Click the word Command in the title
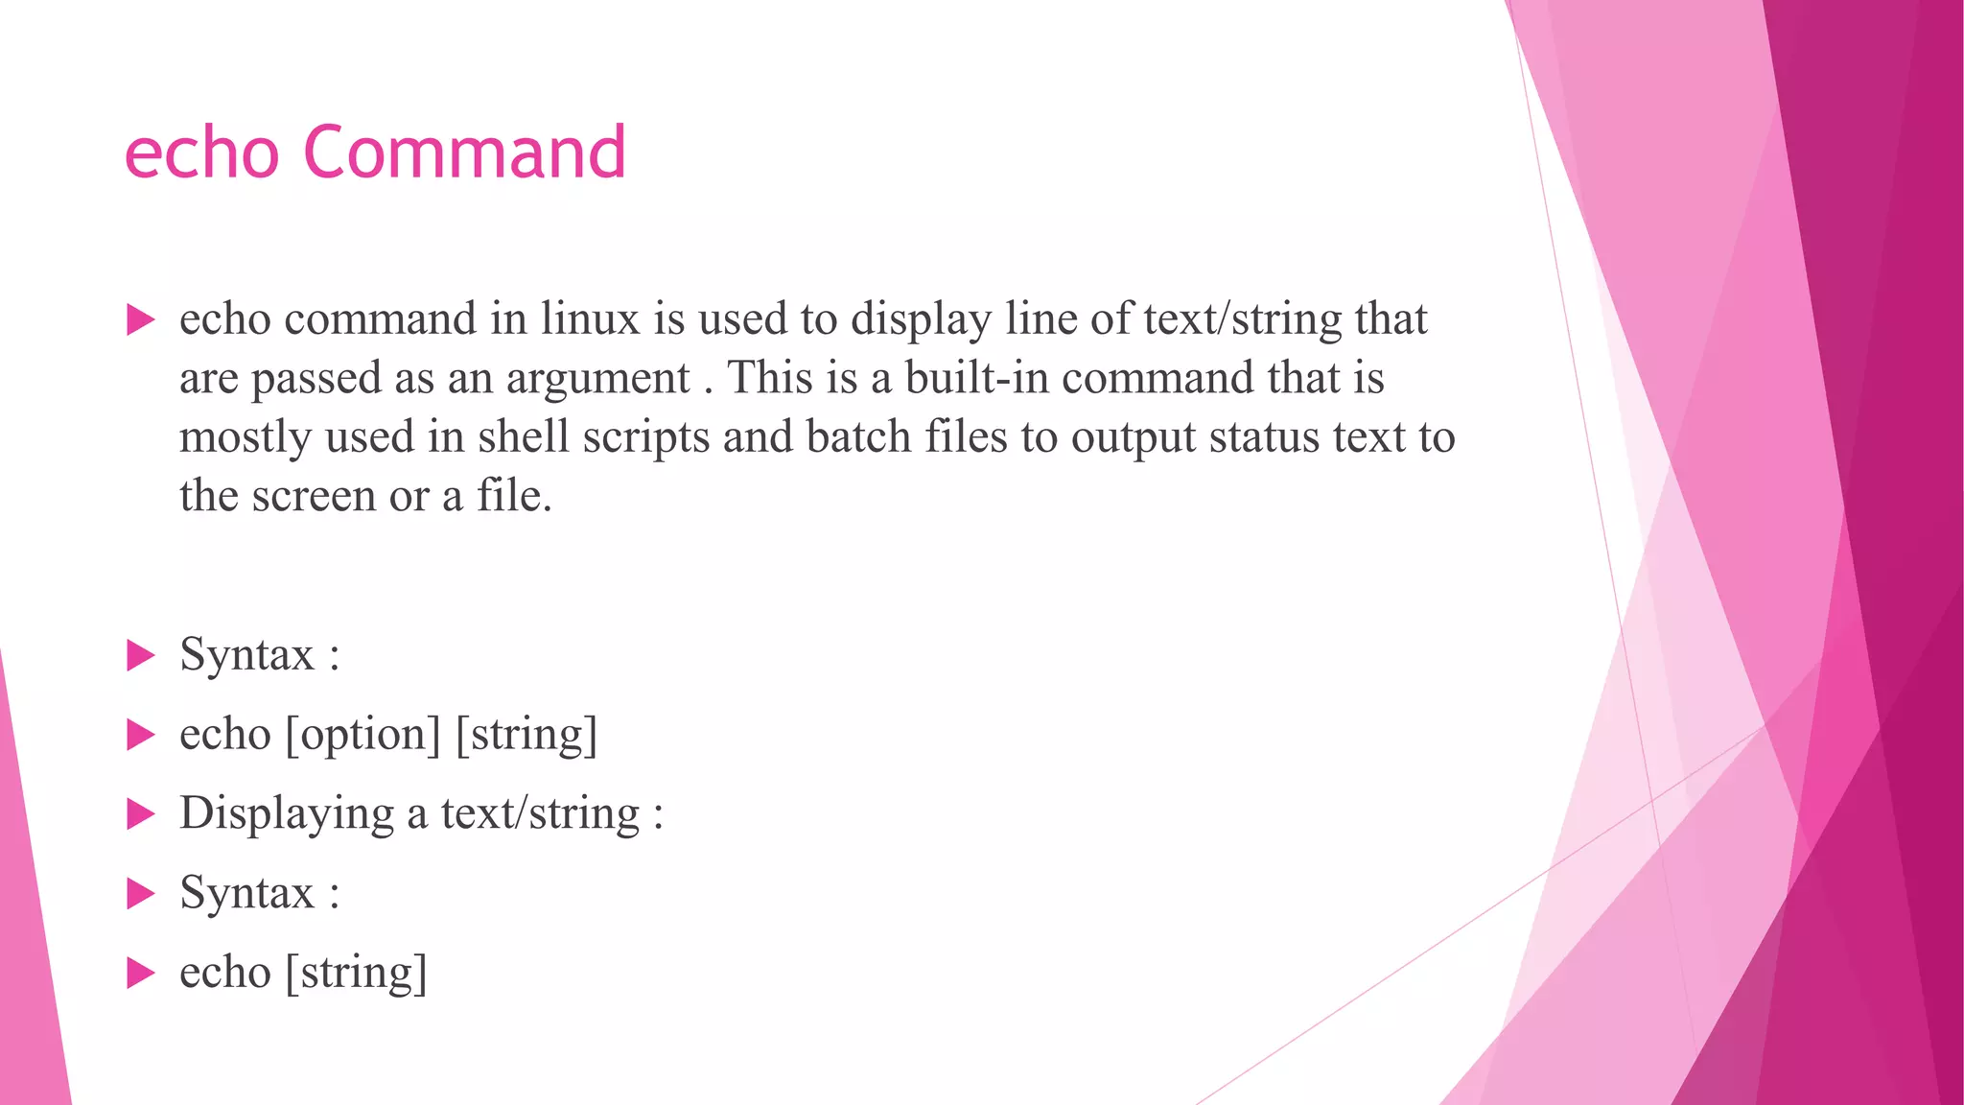(x=464, y=153)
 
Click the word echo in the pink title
(x=201, y=153)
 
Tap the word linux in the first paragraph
(x=590, y=318)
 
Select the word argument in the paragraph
(x=597, y=379)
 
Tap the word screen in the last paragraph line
(x=314, y=496)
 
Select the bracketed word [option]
(x=363, y=735)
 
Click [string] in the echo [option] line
(x=526, y=735)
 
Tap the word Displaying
(x=286, y=813)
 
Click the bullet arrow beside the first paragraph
(x=141, y=320)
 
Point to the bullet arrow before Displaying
(x=141, y=815)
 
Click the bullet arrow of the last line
(x=141, y=974)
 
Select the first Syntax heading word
(x=246, y=655)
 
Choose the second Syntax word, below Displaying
(x=246, y=893)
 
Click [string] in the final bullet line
(x=356, y=973)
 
